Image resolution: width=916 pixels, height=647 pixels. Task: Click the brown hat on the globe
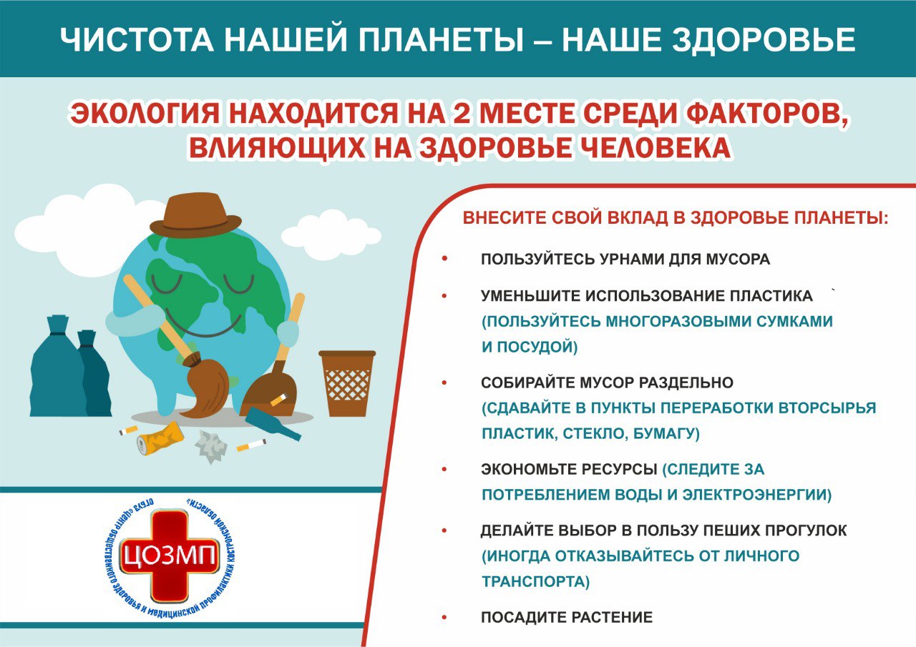click(195, 216)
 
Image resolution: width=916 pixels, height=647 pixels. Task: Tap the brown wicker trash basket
click(347, 383)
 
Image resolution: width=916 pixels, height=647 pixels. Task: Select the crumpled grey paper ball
click(211, 446)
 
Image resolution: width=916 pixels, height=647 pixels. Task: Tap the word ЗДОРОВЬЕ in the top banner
click(764, 39)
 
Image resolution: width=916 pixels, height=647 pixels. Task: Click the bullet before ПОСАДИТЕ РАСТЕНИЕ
click(444, 618)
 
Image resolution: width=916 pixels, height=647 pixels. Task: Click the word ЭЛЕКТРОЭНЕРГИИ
click(757, 495)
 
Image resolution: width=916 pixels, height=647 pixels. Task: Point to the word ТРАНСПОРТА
click(536, 582)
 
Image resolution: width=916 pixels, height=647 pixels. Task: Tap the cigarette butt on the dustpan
click(279, 400)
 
